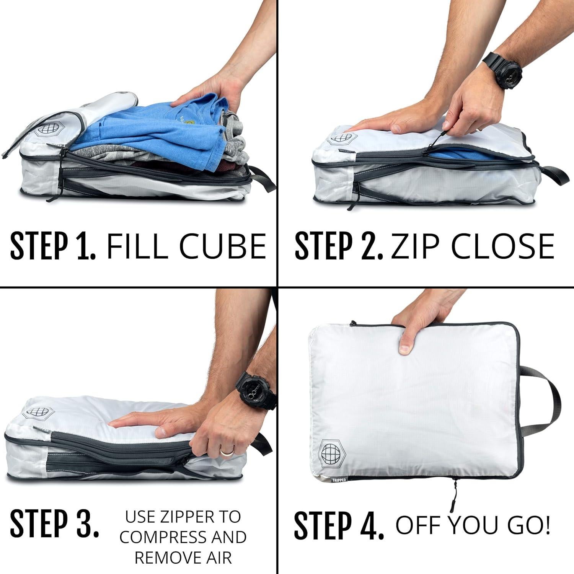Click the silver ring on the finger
tap(226, 452)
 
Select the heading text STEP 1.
tap(53, 245)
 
